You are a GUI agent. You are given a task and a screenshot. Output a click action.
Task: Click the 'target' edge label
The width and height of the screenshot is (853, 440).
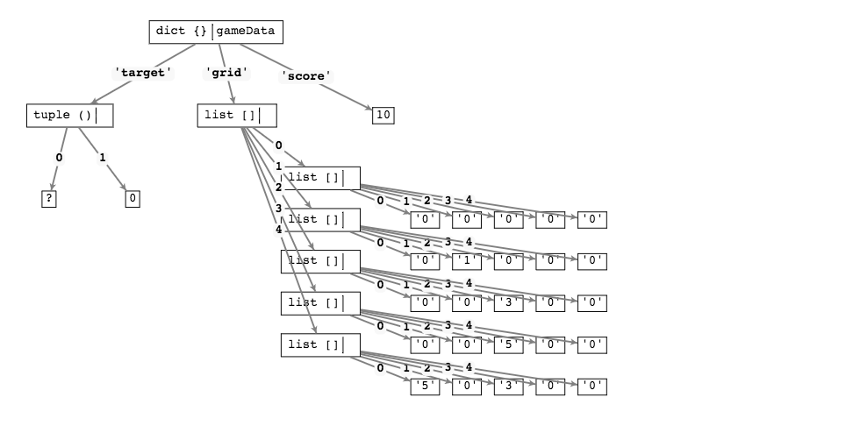(142, 74)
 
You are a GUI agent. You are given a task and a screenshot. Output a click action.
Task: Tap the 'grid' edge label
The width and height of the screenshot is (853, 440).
(226, 74)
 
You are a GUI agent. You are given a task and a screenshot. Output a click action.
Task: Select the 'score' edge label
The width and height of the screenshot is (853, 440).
(305, 76)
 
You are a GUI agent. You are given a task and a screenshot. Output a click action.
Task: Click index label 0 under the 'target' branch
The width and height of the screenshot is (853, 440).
(59, 159)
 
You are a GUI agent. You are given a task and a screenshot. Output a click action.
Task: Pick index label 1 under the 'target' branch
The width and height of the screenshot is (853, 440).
(102, 159)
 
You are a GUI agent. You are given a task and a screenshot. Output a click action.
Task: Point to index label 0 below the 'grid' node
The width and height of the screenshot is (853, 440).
(278, 146)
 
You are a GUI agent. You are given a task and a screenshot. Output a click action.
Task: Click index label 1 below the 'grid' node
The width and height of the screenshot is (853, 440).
(278, 167)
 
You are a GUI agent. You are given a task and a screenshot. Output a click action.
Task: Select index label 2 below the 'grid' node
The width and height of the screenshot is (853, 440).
(278, 188)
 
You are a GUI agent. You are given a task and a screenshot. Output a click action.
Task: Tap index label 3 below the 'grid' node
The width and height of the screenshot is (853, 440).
(278, 209)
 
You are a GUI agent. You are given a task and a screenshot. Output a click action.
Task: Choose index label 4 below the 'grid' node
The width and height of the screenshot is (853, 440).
(278, 231)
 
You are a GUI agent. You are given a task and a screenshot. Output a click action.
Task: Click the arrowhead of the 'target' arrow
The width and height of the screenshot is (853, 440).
(90, 103)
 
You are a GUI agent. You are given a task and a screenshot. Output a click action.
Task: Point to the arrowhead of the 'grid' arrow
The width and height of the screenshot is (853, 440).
(233, 103)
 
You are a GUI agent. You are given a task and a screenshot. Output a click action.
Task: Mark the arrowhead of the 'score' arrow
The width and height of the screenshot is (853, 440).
(371, 110)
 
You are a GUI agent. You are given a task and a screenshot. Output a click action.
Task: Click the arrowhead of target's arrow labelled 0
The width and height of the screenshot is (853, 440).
(51, 189)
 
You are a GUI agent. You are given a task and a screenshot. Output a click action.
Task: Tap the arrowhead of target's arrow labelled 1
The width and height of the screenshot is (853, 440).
(125, 189)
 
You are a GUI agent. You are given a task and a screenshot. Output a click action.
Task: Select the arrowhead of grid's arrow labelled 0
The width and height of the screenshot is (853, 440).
(305, 165)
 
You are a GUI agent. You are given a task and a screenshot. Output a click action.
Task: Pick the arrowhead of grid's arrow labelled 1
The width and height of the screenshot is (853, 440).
(311, 207)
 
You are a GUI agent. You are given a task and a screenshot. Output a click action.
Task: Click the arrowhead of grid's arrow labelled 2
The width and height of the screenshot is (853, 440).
(313, 249)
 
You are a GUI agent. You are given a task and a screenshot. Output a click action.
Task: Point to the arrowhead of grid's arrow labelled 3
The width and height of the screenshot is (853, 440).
(314, 291)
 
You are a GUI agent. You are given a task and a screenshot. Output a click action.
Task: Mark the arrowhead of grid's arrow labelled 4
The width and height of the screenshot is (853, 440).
(316, 333)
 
